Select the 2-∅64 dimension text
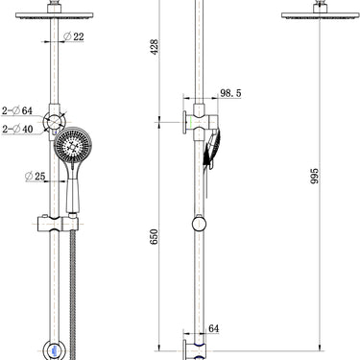(x=16, y=111)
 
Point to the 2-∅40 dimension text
(x=16, y=129)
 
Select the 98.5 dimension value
(x=230, y=93)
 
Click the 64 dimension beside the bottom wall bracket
(x=213, y=328)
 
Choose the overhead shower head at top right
(x=314, y=12)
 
